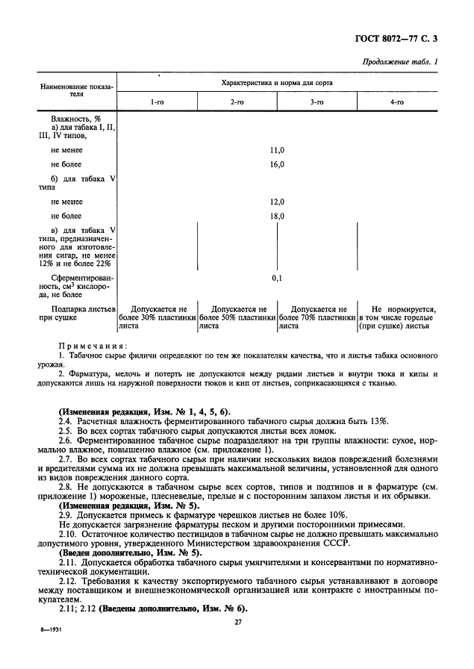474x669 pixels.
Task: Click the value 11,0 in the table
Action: pos(277,150)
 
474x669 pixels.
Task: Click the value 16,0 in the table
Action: pos(277,164)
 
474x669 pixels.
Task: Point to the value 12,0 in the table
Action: pos(277,202)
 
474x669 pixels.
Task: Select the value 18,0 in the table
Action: pos(277,216)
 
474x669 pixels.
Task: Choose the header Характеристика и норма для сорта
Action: pos(277,82)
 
